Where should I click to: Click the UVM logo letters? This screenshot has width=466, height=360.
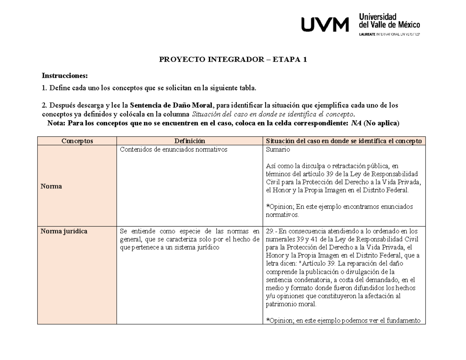coord(325,26)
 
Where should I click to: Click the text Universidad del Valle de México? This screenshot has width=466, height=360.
coord(389,21)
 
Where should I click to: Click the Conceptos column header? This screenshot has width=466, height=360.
coord(77,141)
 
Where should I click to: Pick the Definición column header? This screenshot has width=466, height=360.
coord(190,141)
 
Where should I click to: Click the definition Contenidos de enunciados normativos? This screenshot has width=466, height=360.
coord(173,150)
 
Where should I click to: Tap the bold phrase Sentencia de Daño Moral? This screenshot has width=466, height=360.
coord(171,105)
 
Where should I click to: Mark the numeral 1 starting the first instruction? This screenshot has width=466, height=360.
coord(43,89)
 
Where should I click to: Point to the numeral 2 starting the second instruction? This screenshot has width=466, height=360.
coord(43,105)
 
